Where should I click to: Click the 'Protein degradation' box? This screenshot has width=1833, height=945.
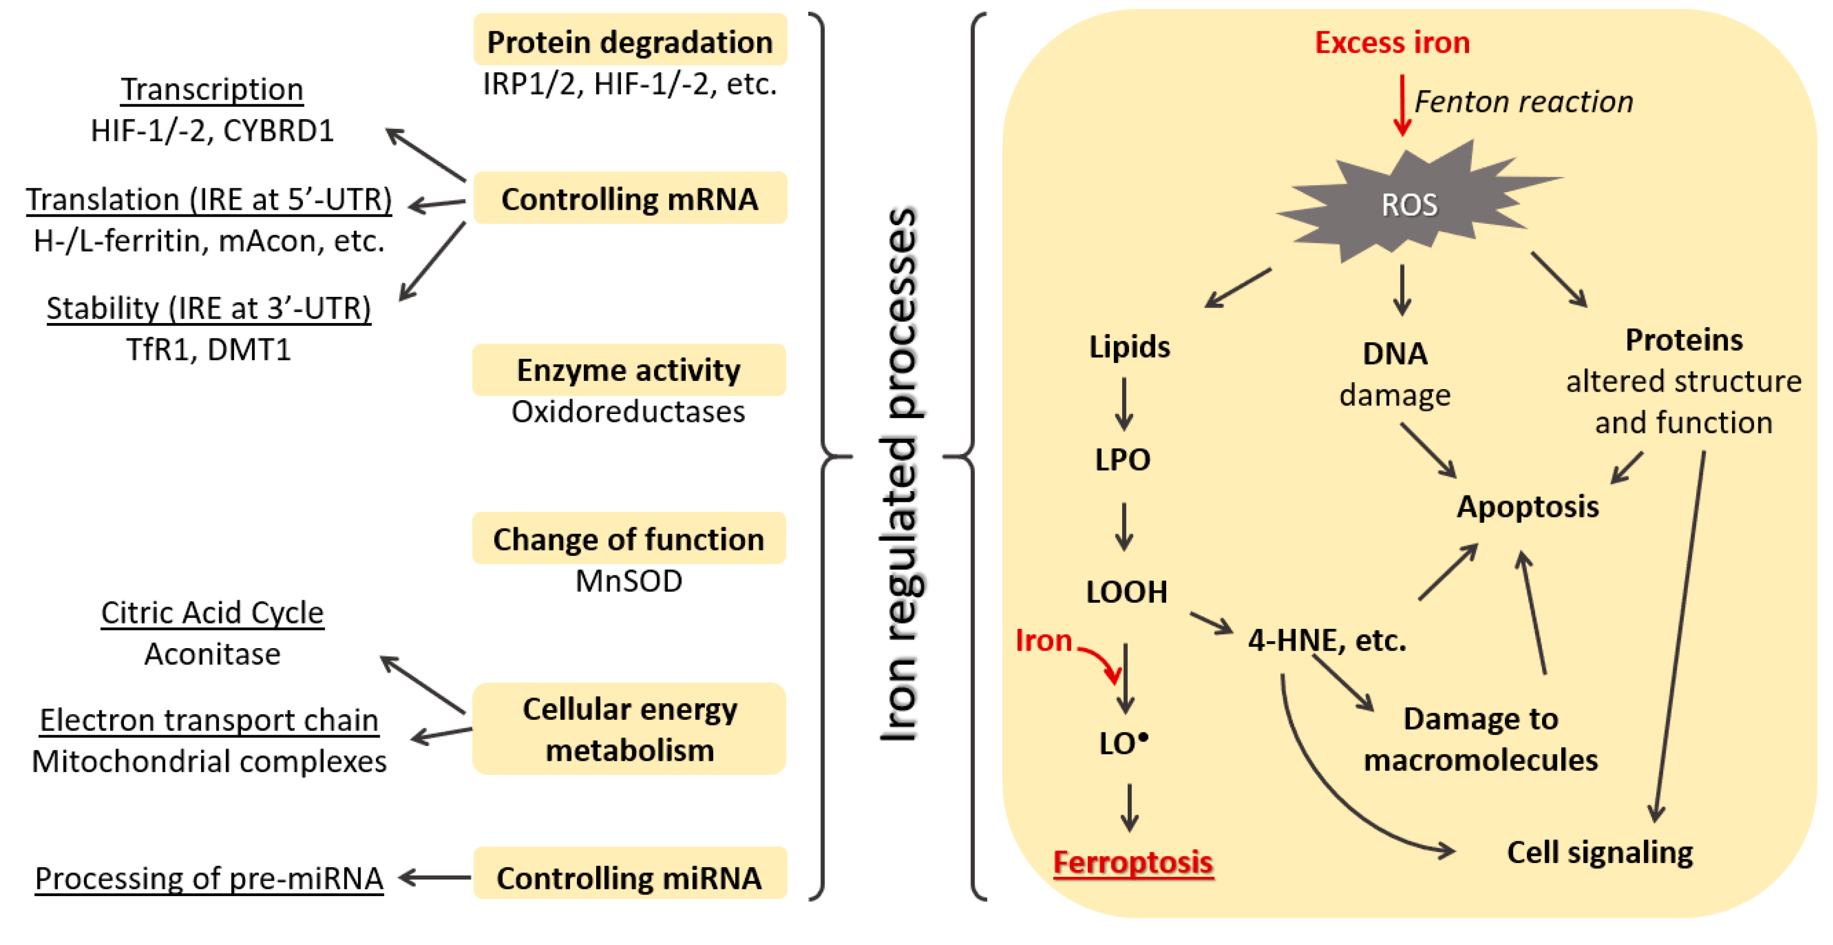(630, 41)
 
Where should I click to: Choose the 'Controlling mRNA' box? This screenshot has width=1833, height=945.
(630, 199)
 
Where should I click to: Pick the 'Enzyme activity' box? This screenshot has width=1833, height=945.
(628, 370)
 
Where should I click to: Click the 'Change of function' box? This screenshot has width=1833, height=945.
(628, 538)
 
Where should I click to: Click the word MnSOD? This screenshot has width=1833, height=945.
(628, 580)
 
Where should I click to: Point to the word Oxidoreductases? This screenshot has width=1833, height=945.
(628, 411)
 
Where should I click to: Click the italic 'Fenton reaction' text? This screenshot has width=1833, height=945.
(1523, 102)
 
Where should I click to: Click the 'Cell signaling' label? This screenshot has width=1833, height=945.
(1599, 852)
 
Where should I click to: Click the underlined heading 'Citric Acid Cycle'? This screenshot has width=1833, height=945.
(212, 613)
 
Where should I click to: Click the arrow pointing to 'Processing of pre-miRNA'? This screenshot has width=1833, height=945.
(434, 877)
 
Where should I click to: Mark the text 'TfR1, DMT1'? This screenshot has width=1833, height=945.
(208, 349)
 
